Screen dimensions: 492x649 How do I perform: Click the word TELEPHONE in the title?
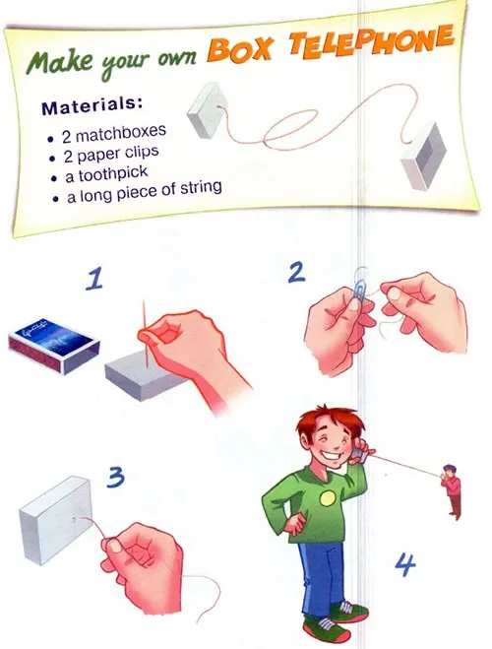(x=371, y=41)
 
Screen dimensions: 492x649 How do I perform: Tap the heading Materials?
(x=92, y=105)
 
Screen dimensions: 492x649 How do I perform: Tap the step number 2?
(x=296, y=273)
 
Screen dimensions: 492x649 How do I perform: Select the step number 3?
(x=115, y=477)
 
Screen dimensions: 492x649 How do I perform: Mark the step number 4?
(x=405, y=565)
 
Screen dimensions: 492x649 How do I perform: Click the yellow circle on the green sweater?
(x=328, y=498)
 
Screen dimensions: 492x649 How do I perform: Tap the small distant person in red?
(x=451, y=491)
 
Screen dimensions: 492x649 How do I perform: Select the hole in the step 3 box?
(x=73, y=519)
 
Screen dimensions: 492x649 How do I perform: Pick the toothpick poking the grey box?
(x=146, y=334)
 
